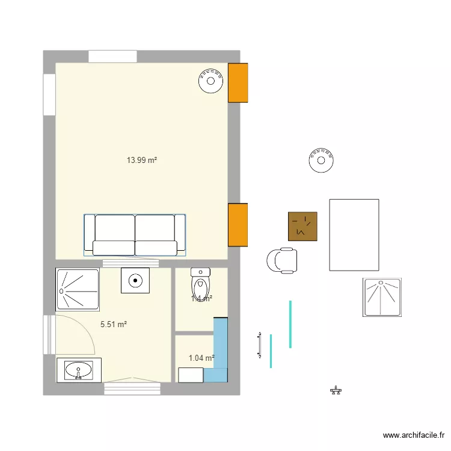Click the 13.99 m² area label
141,161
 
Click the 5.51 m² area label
113,324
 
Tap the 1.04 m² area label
201,358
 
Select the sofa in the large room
135,235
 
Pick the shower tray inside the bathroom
77,290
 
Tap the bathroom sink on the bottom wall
78,370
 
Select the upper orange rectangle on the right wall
238,82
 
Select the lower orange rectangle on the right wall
238,224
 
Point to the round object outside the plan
321,161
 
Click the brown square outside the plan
302,227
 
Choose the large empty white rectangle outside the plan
354,235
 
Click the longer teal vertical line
290,324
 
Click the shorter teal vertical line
271,351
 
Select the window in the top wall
112,57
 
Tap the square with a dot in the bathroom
135,280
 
